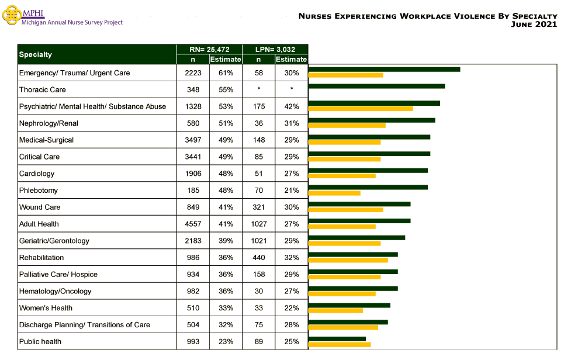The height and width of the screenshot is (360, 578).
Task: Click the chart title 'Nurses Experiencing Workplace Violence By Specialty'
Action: click(427, 16)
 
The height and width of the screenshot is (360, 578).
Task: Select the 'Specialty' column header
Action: click(36, 54)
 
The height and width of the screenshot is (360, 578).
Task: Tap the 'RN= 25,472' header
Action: click(209, 50)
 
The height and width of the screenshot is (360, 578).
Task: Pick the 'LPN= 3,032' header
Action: click(275, 50)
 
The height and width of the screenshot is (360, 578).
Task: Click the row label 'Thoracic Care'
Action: click(43, 90)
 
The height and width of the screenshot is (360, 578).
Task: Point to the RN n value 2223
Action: click(193, 73)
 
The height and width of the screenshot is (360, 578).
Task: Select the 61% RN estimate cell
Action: click(226, 73)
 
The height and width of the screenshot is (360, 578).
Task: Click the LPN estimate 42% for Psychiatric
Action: click(291, 106)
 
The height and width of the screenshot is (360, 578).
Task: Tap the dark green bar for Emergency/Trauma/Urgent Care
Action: click(384, 70)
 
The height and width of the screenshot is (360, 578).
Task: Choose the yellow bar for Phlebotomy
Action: click(334, 192)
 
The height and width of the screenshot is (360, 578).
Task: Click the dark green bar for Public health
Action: click(337, 338)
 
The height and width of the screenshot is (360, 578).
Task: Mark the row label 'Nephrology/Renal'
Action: click(49, 123)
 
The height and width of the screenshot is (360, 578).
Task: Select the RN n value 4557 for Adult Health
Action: click(193, 224)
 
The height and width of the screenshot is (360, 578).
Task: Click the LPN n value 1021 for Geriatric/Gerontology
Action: click(258, 241)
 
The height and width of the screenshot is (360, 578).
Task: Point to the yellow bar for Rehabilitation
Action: click(348, 259)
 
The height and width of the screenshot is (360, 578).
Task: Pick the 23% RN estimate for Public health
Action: click(226, 341)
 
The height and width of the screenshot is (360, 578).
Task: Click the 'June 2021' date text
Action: click(534, 25)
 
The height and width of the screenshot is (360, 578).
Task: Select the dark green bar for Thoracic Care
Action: click(376, 86)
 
